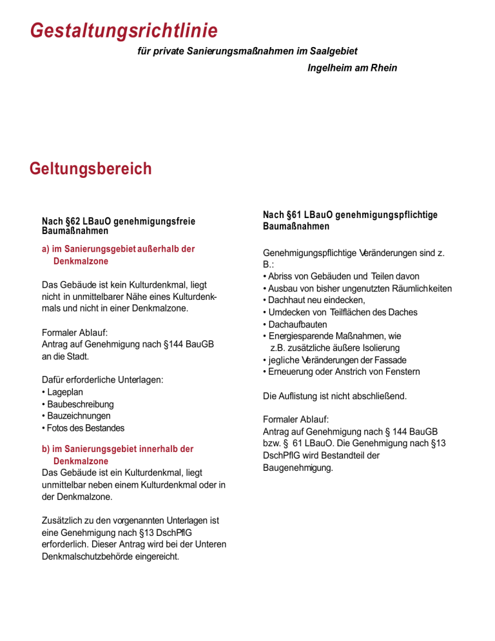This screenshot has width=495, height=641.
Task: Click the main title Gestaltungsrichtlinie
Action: [124, 30]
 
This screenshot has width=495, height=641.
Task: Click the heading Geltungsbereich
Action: [91, 169]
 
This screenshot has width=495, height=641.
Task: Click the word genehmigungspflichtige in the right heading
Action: [387, 215]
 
